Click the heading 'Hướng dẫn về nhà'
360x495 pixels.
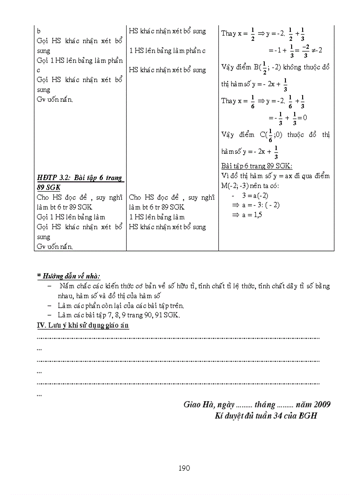pos(69,276)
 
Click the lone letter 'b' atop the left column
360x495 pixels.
pos(39,32)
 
